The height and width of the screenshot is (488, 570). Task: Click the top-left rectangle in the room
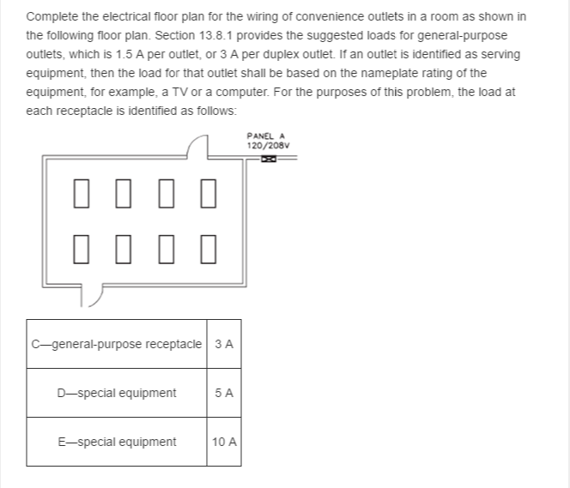[x=82, y=195]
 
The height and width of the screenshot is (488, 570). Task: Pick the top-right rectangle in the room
[x=207, y=195]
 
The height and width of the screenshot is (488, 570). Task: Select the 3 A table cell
[x=224, y=344]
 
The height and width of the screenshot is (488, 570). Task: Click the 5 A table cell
[x=224, y=393]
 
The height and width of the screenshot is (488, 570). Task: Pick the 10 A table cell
[x=224, y=443]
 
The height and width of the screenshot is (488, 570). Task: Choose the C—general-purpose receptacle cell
[x=116, y=344]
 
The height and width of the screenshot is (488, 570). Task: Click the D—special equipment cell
[x=116, y=393]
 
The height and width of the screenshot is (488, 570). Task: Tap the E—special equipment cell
[x=116, y=443]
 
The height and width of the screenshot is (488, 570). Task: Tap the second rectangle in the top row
[x=124, y=195]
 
